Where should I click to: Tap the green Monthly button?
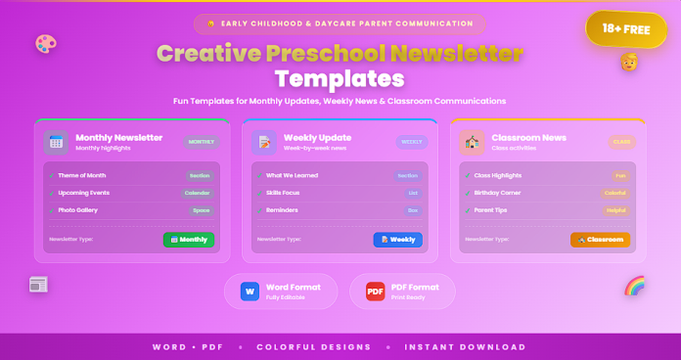pyautogui.click(x=189, y=239)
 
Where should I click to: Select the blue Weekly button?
pyautogui.click(x=397, y=239)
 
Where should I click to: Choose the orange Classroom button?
pyautogui.click(x=600, y=239)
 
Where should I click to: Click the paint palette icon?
pyautogui.click(x=45, y=44)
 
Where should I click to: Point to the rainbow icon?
pyautogui.click(x=635, y=286)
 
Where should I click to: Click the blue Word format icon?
pyautogui.click(x=250, y=292)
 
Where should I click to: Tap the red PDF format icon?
pyautogui.click(x=376, y=292)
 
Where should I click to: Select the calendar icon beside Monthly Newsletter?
pyautogui.click(x=57, y=142)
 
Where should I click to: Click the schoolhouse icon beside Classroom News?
pyautogui.click(x=473, y=142)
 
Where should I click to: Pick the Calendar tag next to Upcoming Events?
pyautogui.click(x=199, y=193)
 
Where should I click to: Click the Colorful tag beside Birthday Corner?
pyautogui.click(x=615, y=193)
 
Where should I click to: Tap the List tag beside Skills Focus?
pyautogui.click(x=413, y=193)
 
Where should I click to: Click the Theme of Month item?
pyautogui.click(x=82, y=176)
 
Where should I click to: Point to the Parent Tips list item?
pyautogui.click(x=489, y=210)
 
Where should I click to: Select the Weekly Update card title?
pyautogui.click(x=312, y=137)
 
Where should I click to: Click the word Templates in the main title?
pyautogui.click(x=340, y=77)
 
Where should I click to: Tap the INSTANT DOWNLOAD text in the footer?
pyautogui.click(x=465, y=346)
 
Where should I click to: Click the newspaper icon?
pyautogui.click(x=38, y=285)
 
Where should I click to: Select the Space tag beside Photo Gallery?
pyautogui.click(x=201, y=210)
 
